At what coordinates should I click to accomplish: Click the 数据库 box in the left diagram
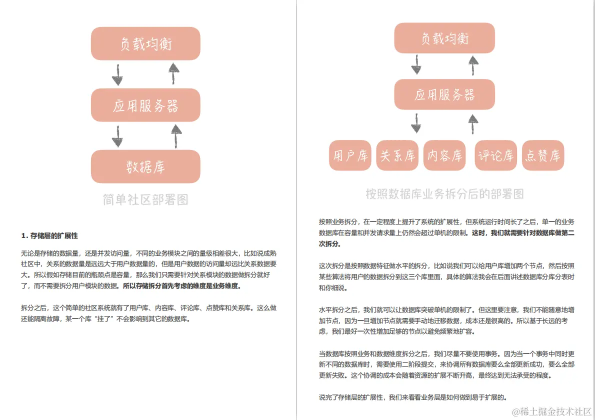[x=145, y=166]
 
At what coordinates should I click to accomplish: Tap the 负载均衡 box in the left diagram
[x=145, y=44]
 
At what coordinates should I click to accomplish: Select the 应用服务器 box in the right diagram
[x=444, y=94]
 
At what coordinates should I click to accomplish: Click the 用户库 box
[x=350, y=155]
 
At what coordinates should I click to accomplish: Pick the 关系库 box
[x=397, y=155]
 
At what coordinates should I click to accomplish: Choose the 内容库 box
[x=444, y=155]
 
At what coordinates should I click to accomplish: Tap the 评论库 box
[x=495, y=155]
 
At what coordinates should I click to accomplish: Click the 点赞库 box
[x=543, y=155]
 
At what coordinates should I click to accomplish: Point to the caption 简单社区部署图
[x=145, y=200]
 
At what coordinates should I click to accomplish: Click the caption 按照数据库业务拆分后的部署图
[x=444, y=193]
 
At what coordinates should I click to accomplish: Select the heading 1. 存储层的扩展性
[x=49, y=235]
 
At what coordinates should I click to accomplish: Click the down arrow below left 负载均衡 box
[x=117, y=74]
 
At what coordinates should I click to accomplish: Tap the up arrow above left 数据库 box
[x=175, y=136]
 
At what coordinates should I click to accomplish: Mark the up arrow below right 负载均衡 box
[x=473, y=64]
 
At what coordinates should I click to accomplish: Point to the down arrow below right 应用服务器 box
[x=416, y=123]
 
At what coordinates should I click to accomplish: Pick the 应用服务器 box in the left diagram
[x=145, y=105]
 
